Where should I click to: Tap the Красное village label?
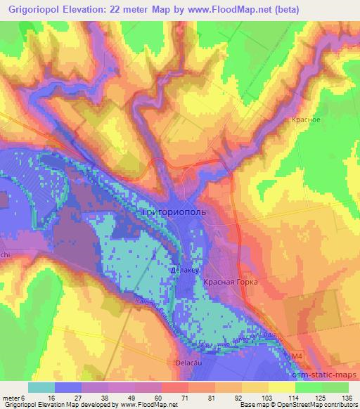[x=306, y=120]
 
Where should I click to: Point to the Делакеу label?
[x=184, y=269]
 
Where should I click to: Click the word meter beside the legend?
[x=11, y=397]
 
